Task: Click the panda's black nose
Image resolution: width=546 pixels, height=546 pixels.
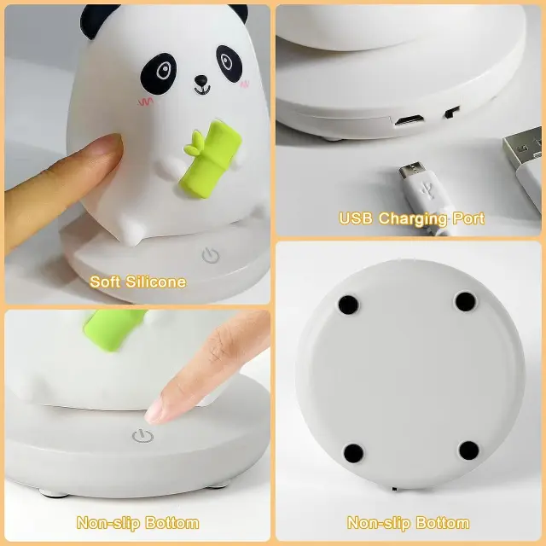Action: point(201,81)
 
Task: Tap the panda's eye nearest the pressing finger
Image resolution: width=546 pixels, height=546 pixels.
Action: point(159,74)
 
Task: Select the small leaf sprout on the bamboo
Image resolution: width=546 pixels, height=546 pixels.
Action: point(194,145)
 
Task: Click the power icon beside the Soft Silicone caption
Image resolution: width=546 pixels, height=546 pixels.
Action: point(211,255)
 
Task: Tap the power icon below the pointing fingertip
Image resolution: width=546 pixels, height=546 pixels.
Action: point(142,436)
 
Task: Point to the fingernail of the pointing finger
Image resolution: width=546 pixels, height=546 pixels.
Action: point(154,411)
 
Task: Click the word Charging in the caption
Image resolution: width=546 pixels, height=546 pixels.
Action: point(413,219)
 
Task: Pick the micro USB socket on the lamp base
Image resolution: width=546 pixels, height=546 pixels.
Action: point(409,120)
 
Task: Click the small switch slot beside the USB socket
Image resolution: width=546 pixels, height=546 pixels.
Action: point(452,112)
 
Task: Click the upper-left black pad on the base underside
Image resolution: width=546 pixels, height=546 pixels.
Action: point(348,305)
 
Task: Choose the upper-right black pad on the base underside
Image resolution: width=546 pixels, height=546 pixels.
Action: point(466,301)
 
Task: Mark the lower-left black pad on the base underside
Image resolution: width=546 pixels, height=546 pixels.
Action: point(353,453)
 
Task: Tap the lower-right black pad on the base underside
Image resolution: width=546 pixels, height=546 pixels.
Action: point(469,450)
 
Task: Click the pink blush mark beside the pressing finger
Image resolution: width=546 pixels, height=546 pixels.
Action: point(146,102)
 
